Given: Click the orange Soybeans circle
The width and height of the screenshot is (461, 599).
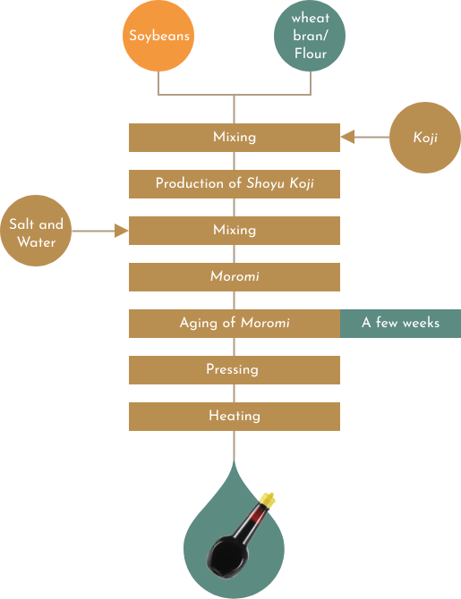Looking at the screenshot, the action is (x=158, y=36).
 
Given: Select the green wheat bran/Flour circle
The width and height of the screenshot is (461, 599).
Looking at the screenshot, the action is (x=310, y=36).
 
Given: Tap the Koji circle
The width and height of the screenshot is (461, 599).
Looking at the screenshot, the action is (x=425, y=138).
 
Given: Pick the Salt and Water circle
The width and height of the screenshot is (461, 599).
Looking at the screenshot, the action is (x=36, y=231).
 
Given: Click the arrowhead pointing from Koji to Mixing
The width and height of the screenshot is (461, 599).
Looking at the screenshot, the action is (x=347, y=137).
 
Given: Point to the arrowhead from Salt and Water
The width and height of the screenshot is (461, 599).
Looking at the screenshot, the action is (x=121, y=231).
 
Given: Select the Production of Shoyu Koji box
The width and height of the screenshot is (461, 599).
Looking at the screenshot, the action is (x=235, y=184).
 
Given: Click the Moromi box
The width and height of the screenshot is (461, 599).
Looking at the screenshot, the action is (x=235, y=277).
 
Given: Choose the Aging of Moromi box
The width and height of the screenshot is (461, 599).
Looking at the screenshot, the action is (x=235, y=324).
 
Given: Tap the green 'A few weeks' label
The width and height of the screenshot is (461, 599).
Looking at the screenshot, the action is (x=400, y=324).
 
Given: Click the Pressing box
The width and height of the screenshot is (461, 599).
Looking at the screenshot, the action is (x=235, y=370).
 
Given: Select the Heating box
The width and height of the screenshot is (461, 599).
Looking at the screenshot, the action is (x=235, y=417).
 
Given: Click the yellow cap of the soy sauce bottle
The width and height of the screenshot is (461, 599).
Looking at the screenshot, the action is (x=268, y=501).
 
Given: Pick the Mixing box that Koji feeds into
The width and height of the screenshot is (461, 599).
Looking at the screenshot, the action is (x=235, y=138).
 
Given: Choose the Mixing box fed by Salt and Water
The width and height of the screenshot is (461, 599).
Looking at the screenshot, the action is (x=235, y=231).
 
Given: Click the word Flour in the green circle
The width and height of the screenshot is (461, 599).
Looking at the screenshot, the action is (x=311, y=54).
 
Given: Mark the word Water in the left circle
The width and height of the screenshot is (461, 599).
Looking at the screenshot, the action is (x=37, y=242).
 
